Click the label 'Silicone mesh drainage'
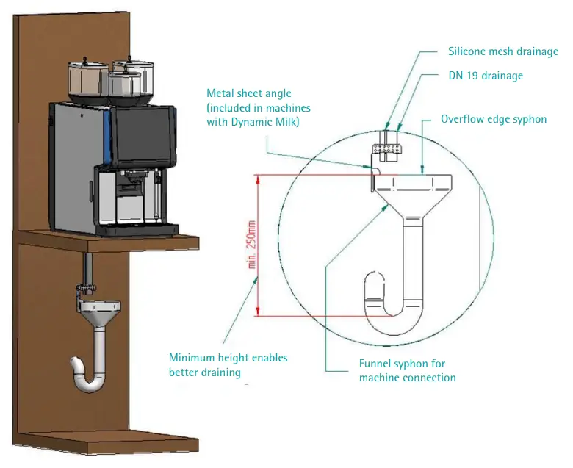tap(502, 52)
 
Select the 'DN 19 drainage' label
tap(485, 76)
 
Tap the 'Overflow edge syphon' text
tap(493, 119)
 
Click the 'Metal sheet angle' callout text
tap(248, 93)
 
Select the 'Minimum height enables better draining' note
tap(228, 365)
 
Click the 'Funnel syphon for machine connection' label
tap(407, 370)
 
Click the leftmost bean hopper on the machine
tap(87, 81)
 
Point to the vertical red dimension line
tap(257, 246)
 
